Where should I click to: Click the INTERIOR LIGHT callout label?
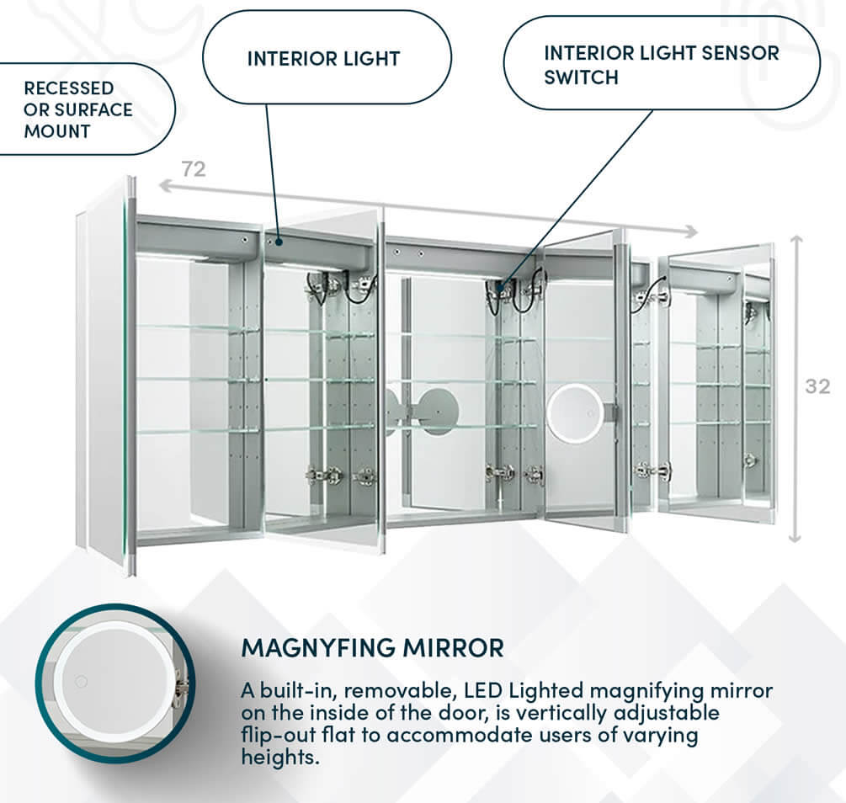tap(323, 59)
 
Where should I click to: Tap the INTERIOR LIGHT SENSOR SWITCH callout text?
tap(661, 64)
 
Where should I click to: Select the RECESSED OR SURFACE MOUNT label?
tap(77, 109)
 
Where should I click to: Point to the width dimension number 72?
tap(194, 169)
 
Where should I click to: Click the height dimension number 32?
tap(817, 386)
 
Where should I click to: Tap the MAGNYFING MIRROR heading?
tap(372, 648)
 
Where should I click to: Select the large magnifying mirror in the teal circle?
tap(105, 682)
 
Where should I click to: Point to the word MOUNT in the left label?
tap(57, 131)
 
